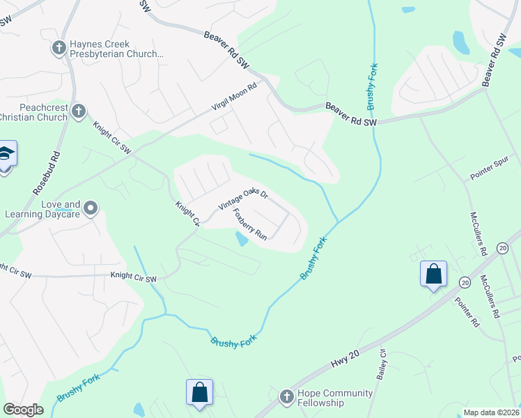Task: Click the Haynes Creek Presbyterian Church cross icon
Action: [59, 48]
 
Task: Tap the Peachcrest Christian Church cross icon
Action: [79, 110]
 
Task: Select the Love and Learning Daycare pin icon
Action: [91, 208]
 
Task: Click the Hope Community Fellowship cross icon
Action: [286, 397]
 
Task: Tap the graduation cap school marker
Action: [6, 154]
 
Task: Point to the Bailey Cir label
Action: [382, 365]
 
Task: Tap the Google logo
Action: [23, 410]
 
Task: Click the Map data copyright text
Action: [492, 412]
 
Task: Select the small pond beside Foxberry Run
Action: [241, 239]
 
